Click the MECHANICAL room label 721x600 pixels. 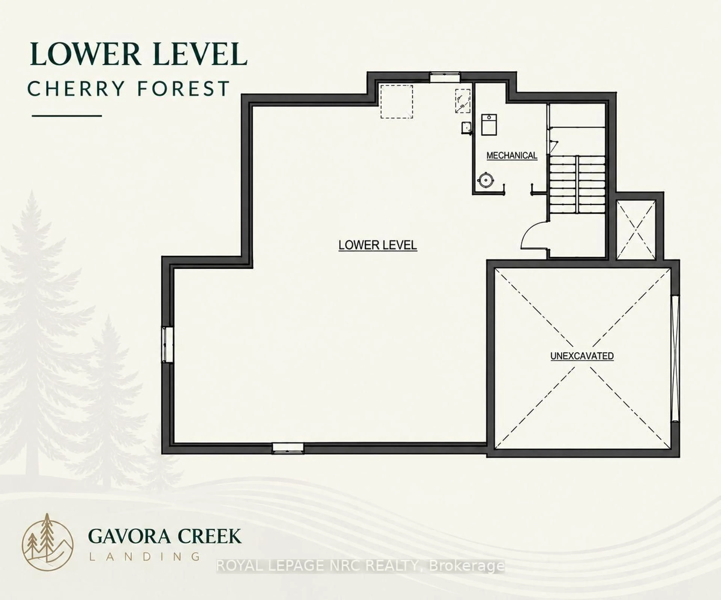pyautogui.click(x=512, y=156)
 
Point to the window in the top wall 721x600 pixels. pyautogui.click(x=445, y=77)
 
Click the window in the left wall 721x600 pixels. pyautogui.click(x=167, y=344)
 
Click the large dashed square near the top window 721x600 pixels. pyautogui.click(x=397, y=102)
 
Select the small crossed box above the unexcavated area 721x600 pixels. pyautogui.click(x=636, y=230)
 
